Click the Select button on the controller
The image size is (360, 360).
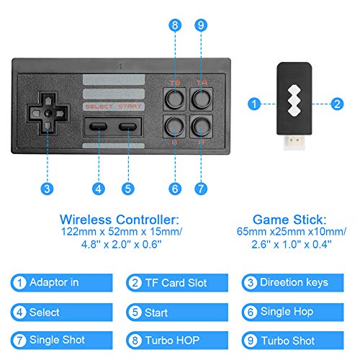coord(98,126)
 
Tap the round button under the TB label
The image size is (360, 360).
coord(175,99)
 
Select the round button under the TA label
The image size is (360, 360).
coord(202,99)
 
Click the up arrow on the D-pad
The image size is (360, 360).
coord(48,101)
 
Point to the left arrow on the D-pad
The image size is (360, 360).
coord(36,113)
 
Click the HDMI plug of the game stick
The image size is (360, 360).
coord(294,143)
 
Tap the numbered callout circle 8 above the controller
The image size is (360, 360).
coord(175,25)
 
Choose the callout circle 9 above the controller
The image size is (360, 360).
coord(201,25)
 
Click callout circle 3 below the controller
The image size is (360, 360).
coord(47,189)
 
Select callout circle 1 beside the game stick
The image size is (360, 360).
coord(254,104)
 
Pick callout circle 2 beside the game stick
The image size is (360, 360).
coord(337,104)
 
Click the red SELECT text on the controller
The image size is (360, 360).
coord(99,107)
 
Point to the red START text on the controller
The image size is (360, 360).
coord(130,107)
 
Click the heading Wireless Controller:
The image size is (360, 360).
coord(120,220)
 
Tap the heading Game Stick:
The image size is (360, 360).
coord(289,220)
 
